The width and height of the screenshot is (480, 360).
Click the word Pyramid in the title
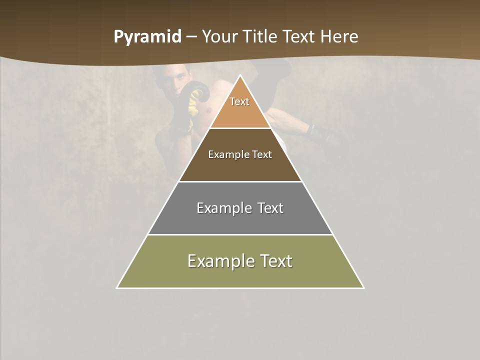pos(147,37)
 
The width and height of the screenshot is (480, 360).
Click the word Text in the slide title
pos(300,37)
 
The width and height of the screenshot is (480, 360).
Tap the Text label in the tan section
pos(239,101)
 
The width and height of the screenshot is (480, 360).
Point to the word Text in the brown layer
pos(262,154)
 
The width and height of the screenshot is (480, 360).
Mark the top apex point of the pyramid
pos(240,75)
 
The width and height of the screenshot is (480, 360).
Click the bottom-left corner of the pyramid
pos(117,287)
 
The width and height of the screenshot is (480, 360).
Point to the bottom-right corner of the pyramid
pos(363,287)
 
